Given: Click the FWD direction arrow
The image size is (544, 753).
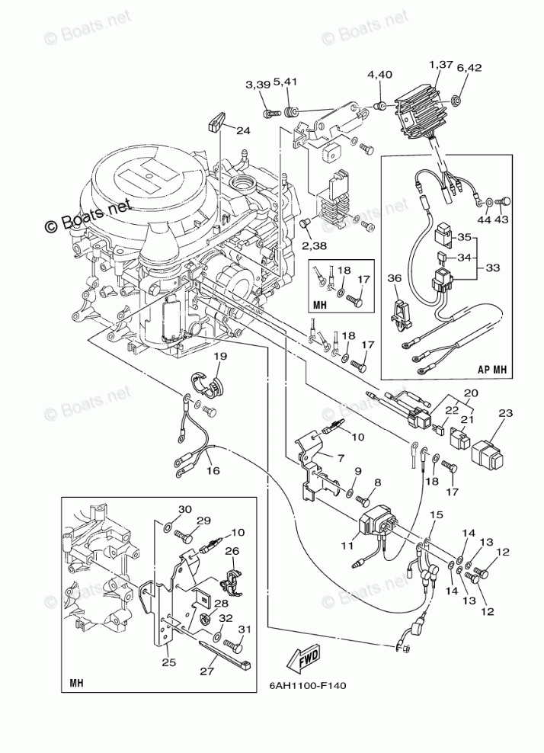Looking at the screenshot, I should coord(302,654).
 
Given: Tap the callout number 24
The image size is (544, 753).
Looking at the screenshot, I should coord(242,130).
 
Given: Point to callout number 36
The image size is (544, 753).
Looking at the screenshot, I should coord(393,279).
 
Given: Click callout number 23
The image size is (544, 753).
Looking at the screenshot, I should coord(504,414).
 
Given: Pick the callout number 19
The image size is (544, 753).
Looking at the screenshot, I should coord(219,356).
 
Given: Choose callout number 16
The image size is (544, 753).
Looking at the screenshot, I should coord(212,470).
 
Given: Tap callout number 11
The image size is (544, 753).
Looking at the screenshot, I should coord(347,546).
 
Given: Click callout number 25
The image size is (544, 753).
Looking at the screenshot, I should coord(168,662).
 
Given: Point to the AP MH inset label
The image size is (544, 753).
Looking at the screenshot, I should coord(491,369).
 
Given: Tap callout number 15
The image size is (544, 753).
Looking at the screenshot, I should coord(435,516).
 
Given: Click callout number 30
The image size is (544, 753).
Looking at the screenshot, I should coord(185,510).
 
